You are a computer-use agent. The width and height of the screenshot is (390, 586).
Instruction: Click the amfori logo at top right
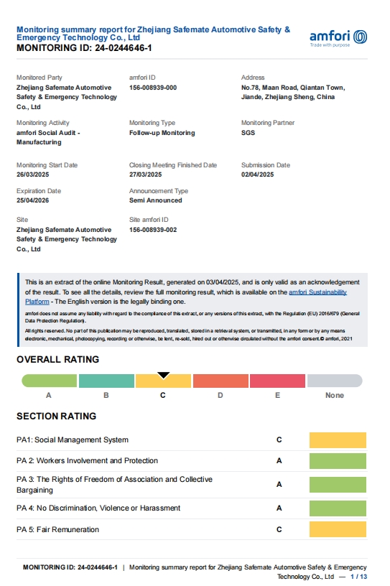[x=338, y=37]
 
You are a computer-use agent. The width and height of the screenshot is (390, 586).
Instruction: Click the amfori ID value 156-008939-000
[x=153, y=88]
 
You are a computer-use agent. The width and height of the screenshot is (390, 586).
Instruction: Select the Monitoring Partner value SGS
[x=248, y=133]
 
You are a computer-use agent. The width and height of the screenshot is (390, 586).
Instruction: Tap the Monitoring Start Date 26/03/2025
[x=32, y=175]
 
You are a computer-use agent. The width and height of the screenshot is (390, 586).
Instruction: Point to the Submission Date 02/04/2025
[x=258, y=175]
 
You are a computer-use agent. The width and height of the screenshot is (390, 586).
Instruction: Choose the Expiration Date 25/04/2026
[x=32, y=200]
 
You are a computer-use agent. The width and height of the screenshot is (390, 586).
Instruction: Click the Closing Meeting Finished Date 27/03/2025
[x=146, y=175]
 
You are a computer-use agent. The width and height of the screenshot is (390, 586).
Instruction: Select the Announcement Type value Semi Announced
[x=155, y=200]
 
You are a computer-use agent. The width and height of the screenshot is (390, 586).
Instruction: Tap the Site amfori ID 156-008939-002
[x=153, y=230]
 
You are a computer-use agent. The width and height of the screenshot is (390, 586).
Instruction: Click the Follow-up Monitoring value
[x=162, y=133]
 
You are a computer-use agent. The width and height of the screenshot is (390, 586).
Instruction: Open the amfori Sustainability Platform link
[x=317, y=292]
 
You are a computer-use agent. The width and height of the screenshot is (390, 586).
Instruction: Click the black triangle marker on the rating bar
[x=164, y=375]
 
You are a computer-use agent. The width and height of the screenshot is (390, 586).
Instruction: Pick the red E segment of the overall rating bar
[x=277, y=381]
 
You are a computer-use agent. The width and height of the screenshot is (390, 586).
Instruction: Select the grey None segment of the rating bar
[x=335, y=381]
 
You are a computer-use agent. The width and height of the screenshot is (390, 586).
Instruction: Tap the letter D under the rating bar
[x=220, y=395]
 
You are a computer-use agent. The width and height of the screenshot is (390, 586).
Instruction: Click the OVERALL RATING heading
[x=57, y=359]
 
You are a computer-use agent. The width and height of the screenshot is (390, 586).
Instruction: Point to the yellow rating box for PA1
[x=338, y=440]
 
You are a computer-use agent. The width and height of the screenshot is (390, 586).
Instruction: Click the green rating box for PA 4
[x=338, y=508]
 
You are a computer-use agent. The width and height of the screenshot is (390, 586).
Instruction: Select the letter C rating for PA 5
[x=279, y=530]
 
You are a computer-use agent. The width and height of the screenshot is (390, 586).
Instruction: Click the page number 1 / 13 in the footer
[x=358, y=577]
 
